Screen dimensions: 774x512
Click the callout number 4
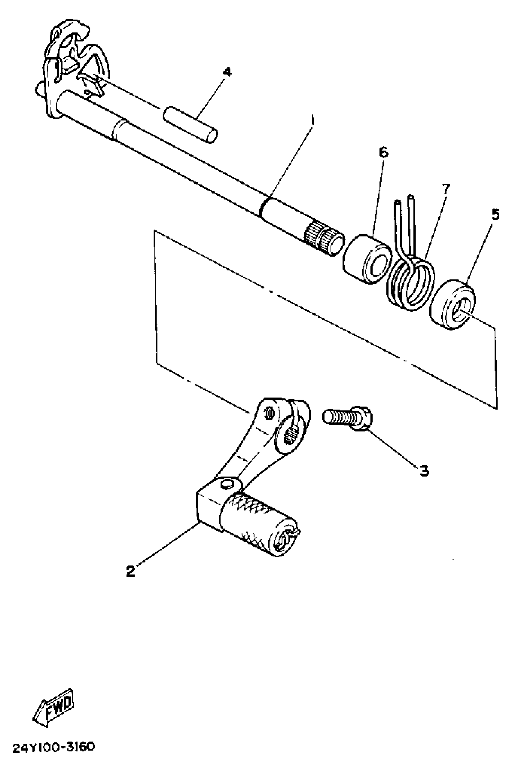point(227,72)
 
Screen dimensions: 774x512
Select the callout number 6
point(384,152)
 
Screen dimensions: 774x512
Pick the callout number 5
point(495,215)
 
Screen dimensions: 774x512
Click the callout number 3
point(424,471)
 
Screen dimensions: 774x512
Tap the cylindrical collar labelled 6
point(367,258)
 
